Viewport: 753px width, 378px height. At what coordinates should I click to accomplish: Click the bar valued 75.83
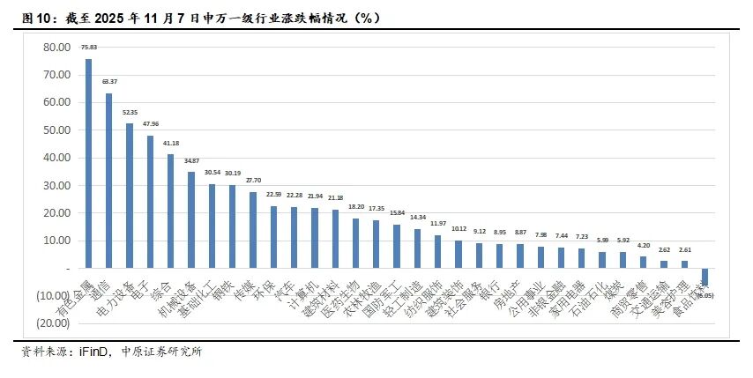pos(88,163)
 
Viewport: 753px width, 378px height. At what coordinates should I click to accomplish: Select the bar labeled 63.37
pos(109,180)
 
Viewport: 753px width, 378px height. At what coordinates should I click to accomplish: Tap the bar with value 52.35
pos(130,195)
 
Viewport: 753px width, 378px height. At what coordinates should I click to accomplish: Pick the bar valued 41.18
pos(171,211)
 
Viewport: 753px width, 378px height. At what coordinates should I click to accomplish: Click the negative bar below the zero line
pos(705,279)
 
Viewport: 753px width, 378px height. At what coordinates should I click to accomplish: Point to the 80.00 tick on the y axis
pos(56,47)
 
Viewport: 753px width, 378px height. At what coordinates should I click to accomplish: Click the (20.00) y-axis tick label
pos(54,322)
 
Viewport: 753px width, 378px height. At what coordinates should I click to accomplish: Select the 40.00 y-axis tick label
pos(56,157)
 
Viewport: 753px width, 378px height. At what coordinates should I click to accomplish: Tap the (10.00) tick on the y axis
pos(54,295)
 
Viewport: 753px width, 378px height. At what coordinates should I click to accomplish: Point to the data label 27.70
pos(253,180)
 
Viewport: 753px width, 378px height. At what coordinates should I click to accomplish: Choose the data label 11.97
pos(438,224)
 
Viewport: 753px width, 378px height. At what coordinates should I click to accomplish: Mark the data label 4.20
pos(644,245)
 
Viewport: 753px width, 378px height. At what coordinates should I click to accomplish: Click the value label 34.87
pos(191,161)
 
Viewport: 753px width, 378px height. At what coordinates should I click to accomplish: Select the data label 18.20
pos(356,206)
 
